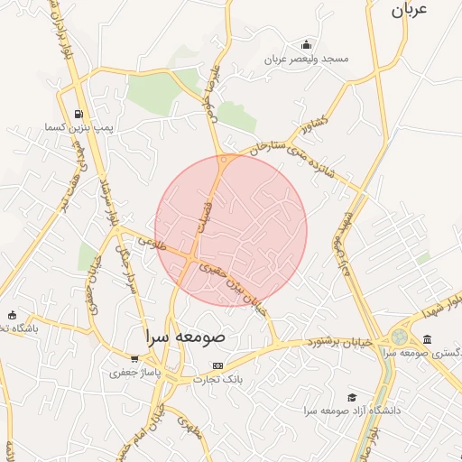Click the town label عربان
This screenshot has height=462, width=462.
[x=407, y=11]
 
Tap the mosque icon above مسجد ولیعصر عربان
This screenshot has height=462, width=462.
[x=307, y=45]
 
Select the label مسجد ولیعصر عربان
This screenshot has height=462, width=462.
[x=306, y=59]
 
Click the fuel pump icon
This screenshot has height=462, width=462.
[x=80, y=114]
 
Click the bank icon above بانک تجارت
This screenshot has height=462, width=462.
[x=217, y=365]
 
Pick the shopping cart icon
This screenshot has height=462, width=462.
[x=134, y=359]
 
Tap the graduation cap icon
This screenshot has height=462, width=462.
[x=351, y=397]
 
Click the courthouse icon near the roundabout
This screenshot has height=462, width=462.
[x=426, y=339]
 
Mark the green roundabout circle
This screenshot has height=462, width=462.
[x=398, y=337]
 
